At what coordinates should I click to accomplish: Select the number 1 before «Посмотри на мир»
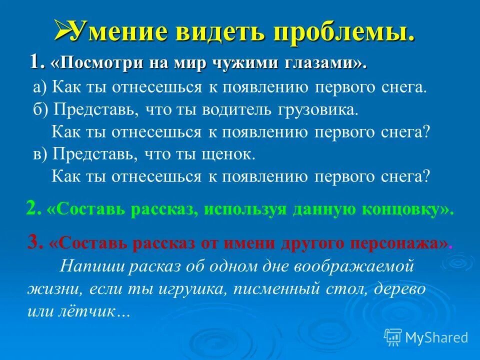(x=35, y=62)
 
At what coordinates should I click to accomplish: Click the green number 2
(x=32, y=208)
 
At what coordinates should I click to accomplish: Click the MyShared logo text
(x=435, y=337)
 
